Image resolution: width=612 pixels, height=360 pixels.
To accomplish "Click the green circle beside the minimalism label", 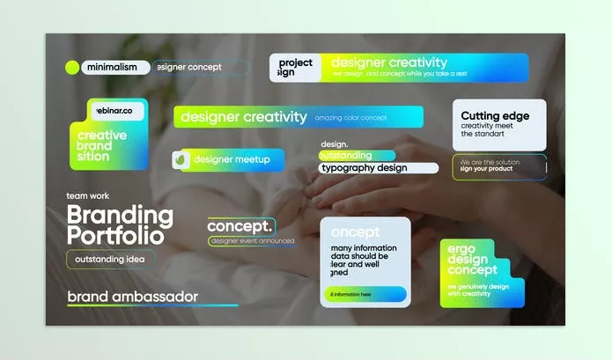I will tap(72, 67).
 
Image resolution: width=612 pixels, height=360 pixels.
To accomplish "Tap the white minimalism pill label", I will tap(113, 67).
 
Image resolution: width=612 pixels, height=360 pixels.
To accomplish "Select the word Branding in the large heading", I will tap(120, 215).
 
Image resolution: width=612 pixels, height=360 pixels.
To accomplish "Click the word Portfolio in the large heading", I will tap(115, 236).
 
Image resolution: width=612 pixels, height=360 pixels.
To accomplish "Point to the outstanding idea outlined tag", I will tap(110, 259).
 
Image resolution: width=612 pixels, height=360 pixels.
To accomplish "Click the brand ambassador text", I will tap(132, 297).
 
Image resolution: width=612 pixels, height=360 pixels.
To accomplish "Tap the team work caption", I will tap(88, 195).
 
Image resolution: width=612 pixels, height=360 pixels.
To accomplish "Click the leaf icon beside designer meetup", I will tap(181, 160).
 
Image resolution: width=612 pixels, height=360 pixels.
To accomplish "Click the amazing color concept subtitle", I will tap(350, 117).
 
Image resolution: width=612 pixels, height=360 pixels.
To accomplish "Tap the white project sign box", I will tap(295, 68).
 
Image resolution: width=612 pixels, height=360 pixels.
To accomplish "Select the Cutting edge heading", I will tap(494, 116).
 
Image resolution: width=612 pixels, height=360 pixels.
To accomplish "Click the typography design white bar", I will tap(378, 168).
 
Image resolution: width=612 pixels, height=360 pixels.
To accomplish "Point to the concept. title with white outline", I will tap(240, 226).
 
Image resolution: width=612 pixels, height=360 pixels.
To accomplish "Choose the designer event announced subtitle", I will tap(252, 240).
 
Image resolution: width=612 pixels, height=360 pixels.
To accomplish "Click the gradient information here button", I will tap(368, 294).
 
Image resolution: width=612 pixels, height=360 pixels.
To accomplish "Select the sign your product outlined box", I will tap(498, 166).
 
